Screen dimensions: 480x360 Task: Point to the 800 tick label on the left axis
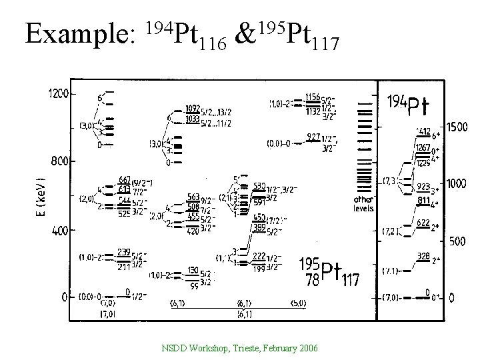point(60,161)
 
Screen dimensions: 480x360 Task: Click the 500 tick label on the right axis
point(457,241)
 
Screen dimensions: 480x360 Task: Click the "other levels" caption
point(364,203)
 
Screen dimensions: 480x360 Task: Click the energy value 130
point(193,269)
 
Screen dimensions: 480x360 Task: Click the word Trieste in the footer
point(240,349)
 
